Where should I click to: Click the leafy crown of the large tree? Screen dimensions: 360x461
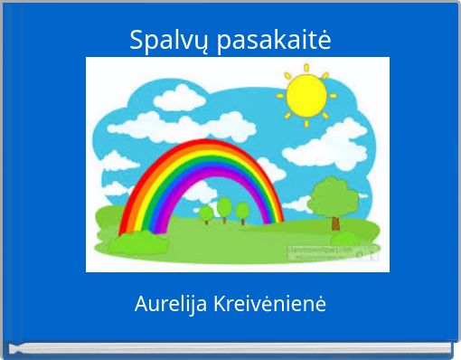333,194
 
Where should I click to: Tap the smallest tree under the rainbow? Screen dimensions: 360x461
206,214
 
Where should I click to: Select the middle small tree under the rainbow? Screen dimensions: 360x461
223,206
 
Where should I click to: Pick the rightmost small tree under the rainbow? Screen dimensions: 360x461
242,211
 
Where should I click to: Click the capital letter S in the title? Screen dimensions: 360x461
136,41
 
